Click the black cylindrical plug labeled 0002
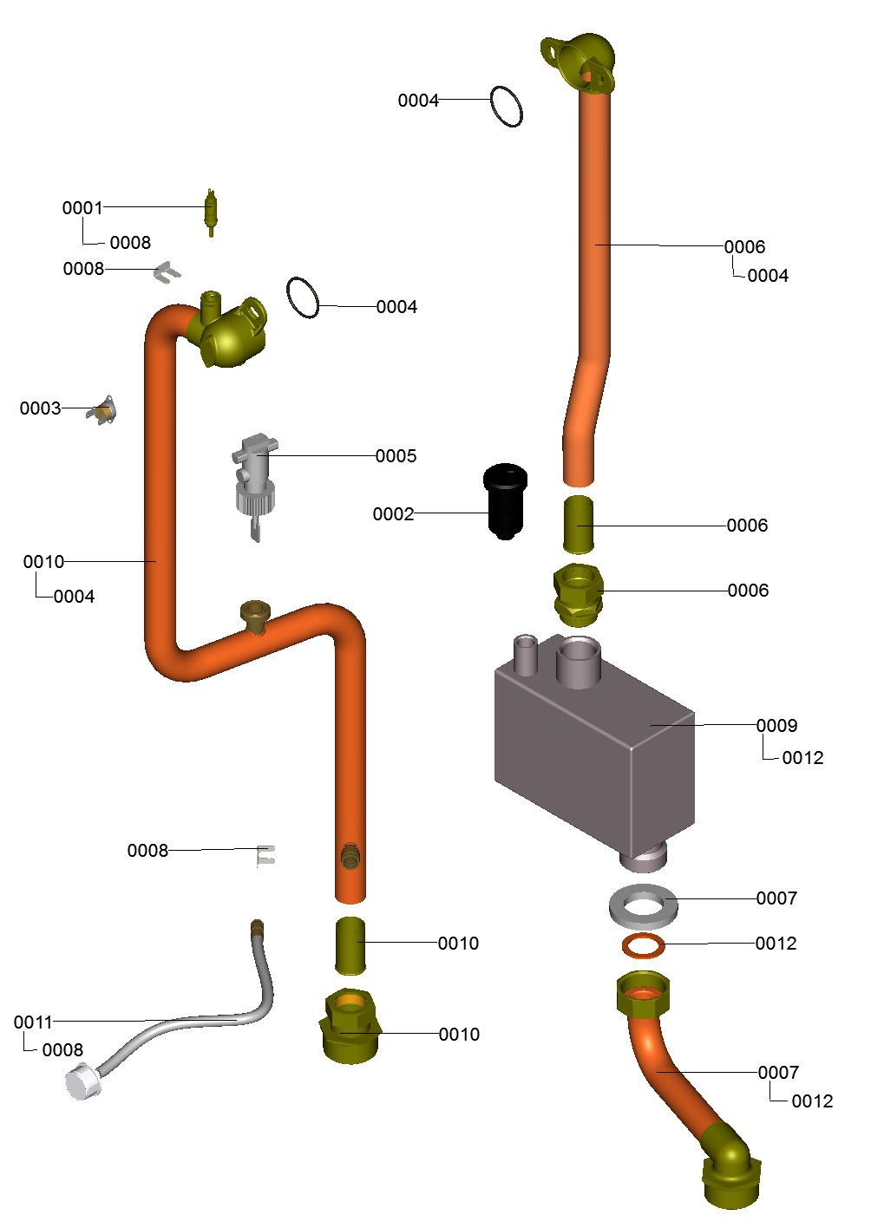(x=505, y=501)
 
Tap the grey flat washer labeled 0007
(x=644, y=906)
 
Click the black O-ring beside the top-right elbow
(x=507, y=107)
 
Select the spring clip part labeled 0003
(x=103, y=410)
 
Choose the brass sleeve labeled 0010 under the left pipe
(x=350, y=945)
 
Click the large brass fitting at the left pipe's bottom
(x=350, y=1027)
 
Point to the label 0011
(x=33, y=1022)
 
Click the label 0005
(x=396, y=456)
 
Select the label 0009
(x=776, y=726)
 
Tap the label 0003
(x=40, y=408)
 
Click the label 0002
(x=393, y=514)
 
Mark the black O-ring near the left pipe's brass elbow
(x=303, y=297)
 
